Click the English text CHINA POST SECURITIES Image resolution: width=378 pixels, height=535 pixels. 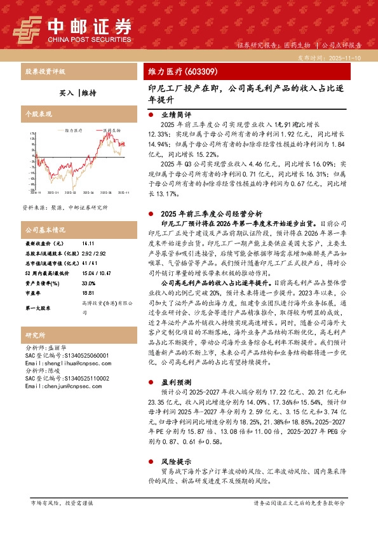coord(89,39)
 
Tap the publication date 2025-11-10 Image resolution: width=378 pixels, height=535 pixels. coord(346,57)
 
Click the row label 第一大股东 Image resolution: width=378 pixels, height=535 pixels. coord(38,308)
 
